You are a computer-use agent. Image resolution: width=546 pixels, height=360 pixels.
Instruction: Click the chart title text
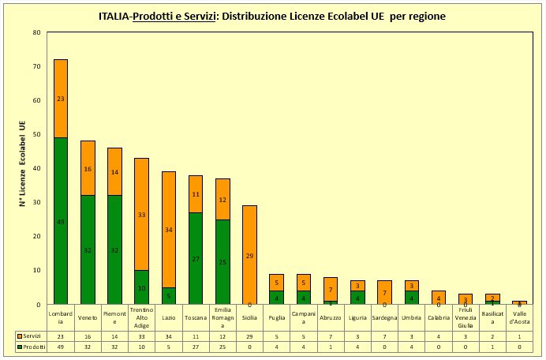[x=272, y=15]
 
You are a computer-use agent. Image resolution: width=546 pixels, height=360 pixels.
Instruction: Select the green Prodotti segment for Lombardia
[x=61, y=221]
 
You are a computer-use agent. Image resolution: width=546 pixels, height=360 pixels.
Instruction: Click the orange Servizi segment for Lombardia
[x=61, y=99]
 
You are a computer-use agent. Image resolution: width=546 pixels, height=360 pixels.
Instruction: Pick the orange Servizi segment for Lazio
[x=169, y=229]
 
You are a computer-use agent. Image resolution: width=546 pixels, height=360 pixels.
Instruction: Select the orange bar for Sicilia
[x=249, y=254]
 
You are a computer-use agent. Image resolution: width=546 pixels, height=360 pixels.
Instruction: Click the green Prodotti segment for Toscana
[x=196, y=258]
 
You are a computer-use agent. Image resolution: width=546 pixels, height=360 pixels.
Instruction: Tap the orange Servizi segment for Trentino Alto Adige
[x=142, y=214]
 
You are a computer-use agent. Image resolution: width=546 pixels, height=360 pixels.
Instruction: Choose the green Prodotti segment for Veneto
[x=88, y=249]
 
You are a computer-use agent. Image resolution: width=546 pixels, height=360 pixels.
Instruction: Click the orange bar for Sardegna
[x=384, y=292]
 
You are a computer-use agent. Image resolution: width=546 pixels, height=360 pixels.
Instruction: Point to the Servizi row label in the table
[x=30, y=336]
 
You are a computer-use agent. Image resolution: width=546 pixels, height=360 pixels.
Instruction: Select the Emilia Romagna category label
[x=223, y=317]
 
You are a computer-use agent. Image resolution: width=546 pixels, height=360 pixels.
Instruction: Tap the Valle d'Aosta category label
[x=519, y=317]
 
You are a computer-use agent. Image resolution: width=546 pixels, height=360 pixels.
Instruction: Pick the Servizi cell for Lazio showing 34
[x=169, y=336]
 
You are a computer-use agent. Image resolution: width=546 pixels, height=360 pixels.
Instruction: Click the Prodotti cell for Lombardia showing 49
[x=61, y=347]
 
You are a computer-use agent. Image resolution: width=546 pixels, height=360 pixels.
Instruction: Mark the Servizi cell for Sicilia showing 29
[x=249, y=336]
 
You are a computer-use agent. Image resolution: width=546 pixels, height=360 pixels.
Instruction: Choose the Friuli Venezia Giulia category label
[x=466, y=317]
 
